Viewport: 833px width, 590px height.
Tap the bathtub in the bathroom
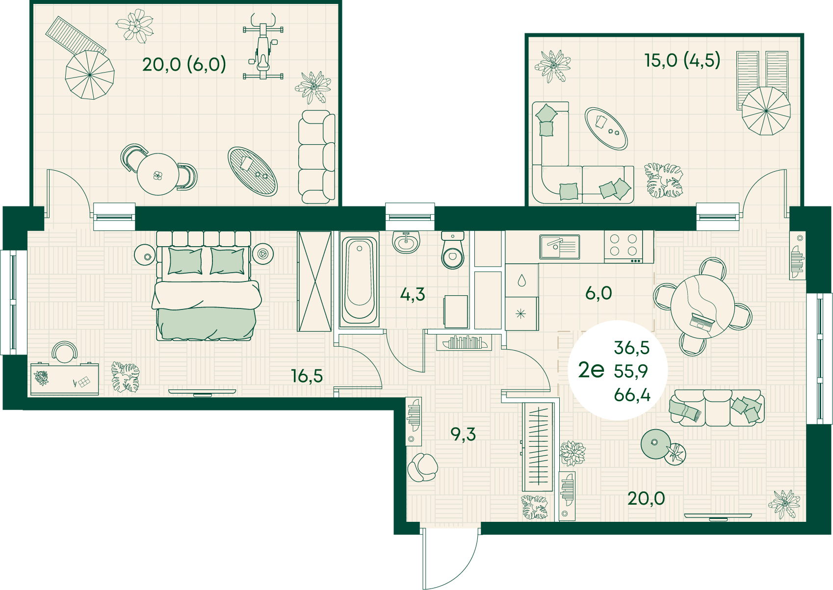[x=359, y=280]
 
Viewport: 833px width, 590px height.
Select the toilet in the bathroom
[x=453, y=250]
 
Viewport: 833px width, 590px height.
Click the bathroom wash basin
[x=406, y=242]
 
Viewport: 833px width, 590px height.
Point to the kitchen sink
[x=560, y=247]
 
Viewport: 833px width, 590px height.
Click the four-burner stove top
[x=624, y=247]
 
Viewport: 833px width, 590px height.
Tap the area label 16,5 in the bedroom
[x=307, y=376]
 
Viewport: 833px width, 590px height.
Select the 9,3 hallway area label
[x=463, y=434]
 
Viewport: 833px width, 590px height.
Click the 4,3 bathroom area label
[x=413, y=294]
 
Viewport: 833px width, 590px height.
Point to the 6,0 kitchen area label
[x=599, y=293]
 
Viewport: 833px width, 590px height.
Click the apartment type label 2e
[x=591, y=370]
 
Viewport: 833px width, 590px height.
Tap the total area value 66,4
[x=632, y=395]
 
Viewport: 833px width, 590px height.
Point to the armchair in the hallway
[x=422, y=468]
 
